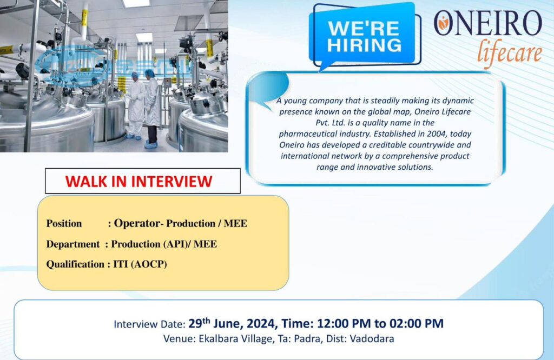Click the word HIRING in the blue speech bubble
[x=364, y=45]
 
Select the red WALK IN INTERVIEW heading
[x=139, y=182]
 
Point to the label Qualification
[x=75, y=264]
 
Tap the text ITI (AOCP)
[x=140, y=264]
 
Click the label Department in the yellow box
[x=73, y=244]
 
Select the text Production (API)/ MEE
[x=164, y=244]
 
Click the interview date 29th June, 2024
[x=232, y=323]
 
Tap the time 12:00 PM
[x=344, y=324]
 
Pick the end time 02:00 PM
[x=417, y=324]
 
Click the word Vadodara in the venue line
[x=372, y=339]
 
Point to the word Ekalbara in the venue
[x=218, y=339]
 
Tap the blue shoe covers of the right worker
[x=151, y=144]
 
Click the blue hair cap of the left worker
[x=134, y=75]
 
